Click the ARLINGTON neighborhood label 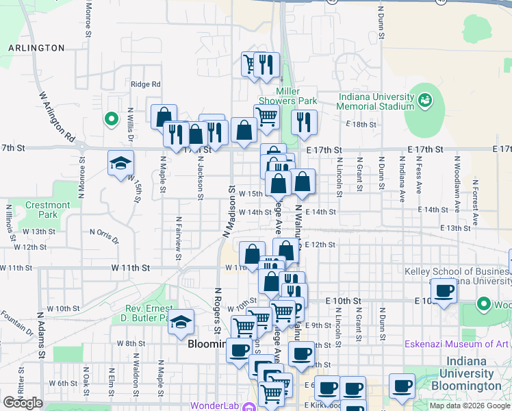click(36, 48)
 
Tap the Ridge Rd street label click(145, 84)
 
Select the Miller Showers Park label click(296, 96)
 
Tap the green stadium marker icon click(425, 101)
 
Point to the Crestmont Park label click(47, 210)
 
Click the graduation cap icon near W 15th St click(120, 163)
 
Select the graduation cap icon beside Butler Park click(181, 322)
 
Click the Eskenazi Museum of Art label click(457, 344)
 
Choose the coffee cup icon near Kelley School click(444, 291)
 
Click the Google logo click(22, 403)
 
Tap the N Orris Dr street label click(104, 232)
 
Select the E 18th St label click(361, 124)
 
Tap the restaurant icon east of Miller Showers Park click(303, 122)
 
